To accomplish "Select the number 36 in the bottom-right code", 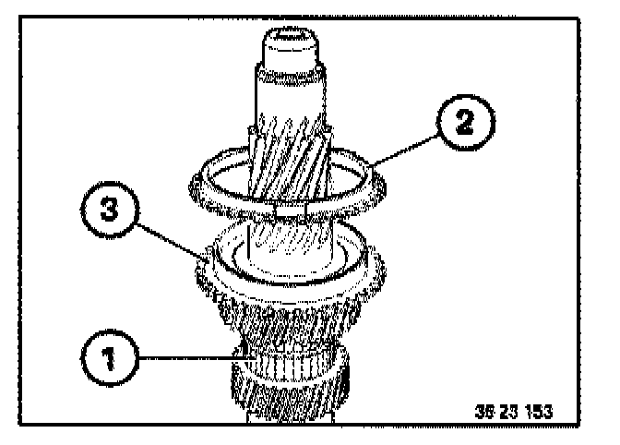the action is click(485, 408).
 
